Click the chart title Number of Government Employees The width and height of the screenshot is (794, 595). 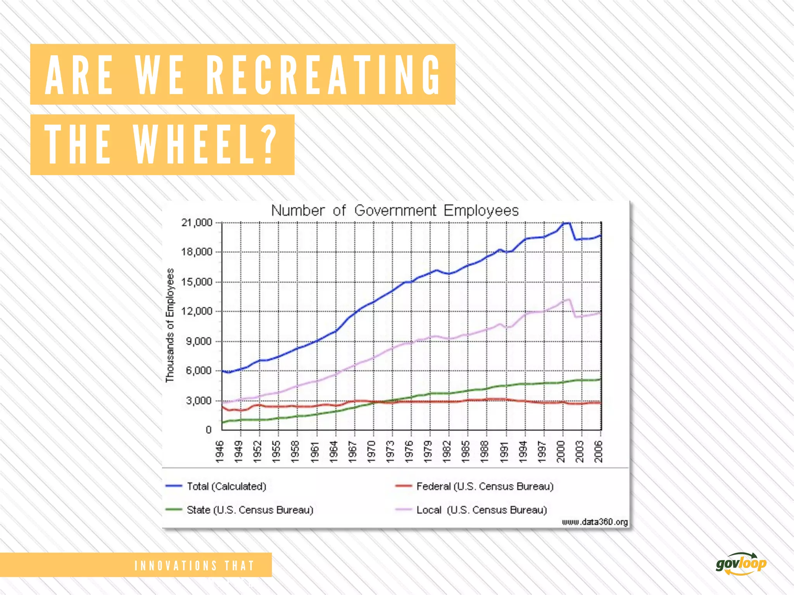pos(395,210)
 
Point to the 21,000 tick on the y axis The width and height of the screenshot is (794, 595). pos(197,223)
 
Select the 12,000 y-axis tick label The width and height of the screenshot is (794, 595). pos(197,311)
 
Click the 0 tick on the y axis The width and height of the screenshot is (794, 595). pos(209,430)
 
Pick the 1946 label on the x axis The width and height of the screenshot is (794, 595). pos(219,451)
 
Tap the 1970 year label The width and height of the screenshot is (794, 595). pos(371,451)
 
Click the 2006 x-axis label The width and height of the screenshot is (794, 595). pos(599,451)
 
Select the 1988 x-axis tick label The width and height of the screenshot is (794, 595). pos(485,451)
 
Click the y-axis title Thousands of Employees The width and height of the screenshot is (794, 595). pos(170,325)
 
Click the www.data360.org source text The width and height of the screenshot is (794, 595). pos(595,522)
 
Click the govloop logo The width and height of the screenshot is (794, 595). pos(741,564)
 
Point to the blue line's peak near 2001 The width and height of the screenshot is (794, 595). pos(566,223)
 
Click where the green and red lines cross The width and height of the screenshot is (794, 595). pos(378,402)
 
